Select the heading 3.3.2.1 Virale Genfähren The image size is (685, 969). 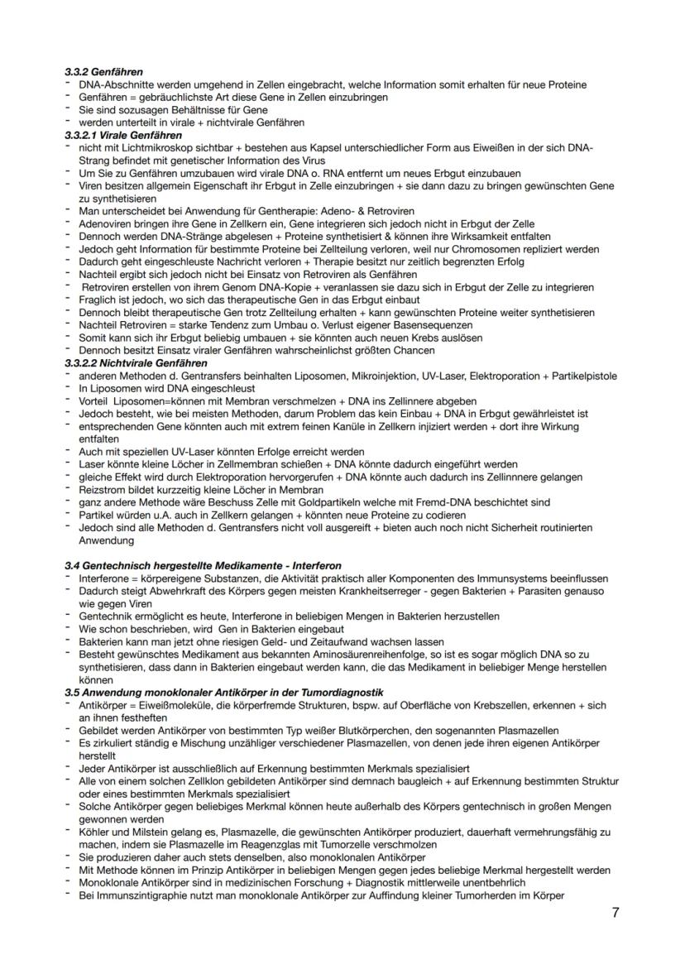pyautogui.click(x=123, y=134)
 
